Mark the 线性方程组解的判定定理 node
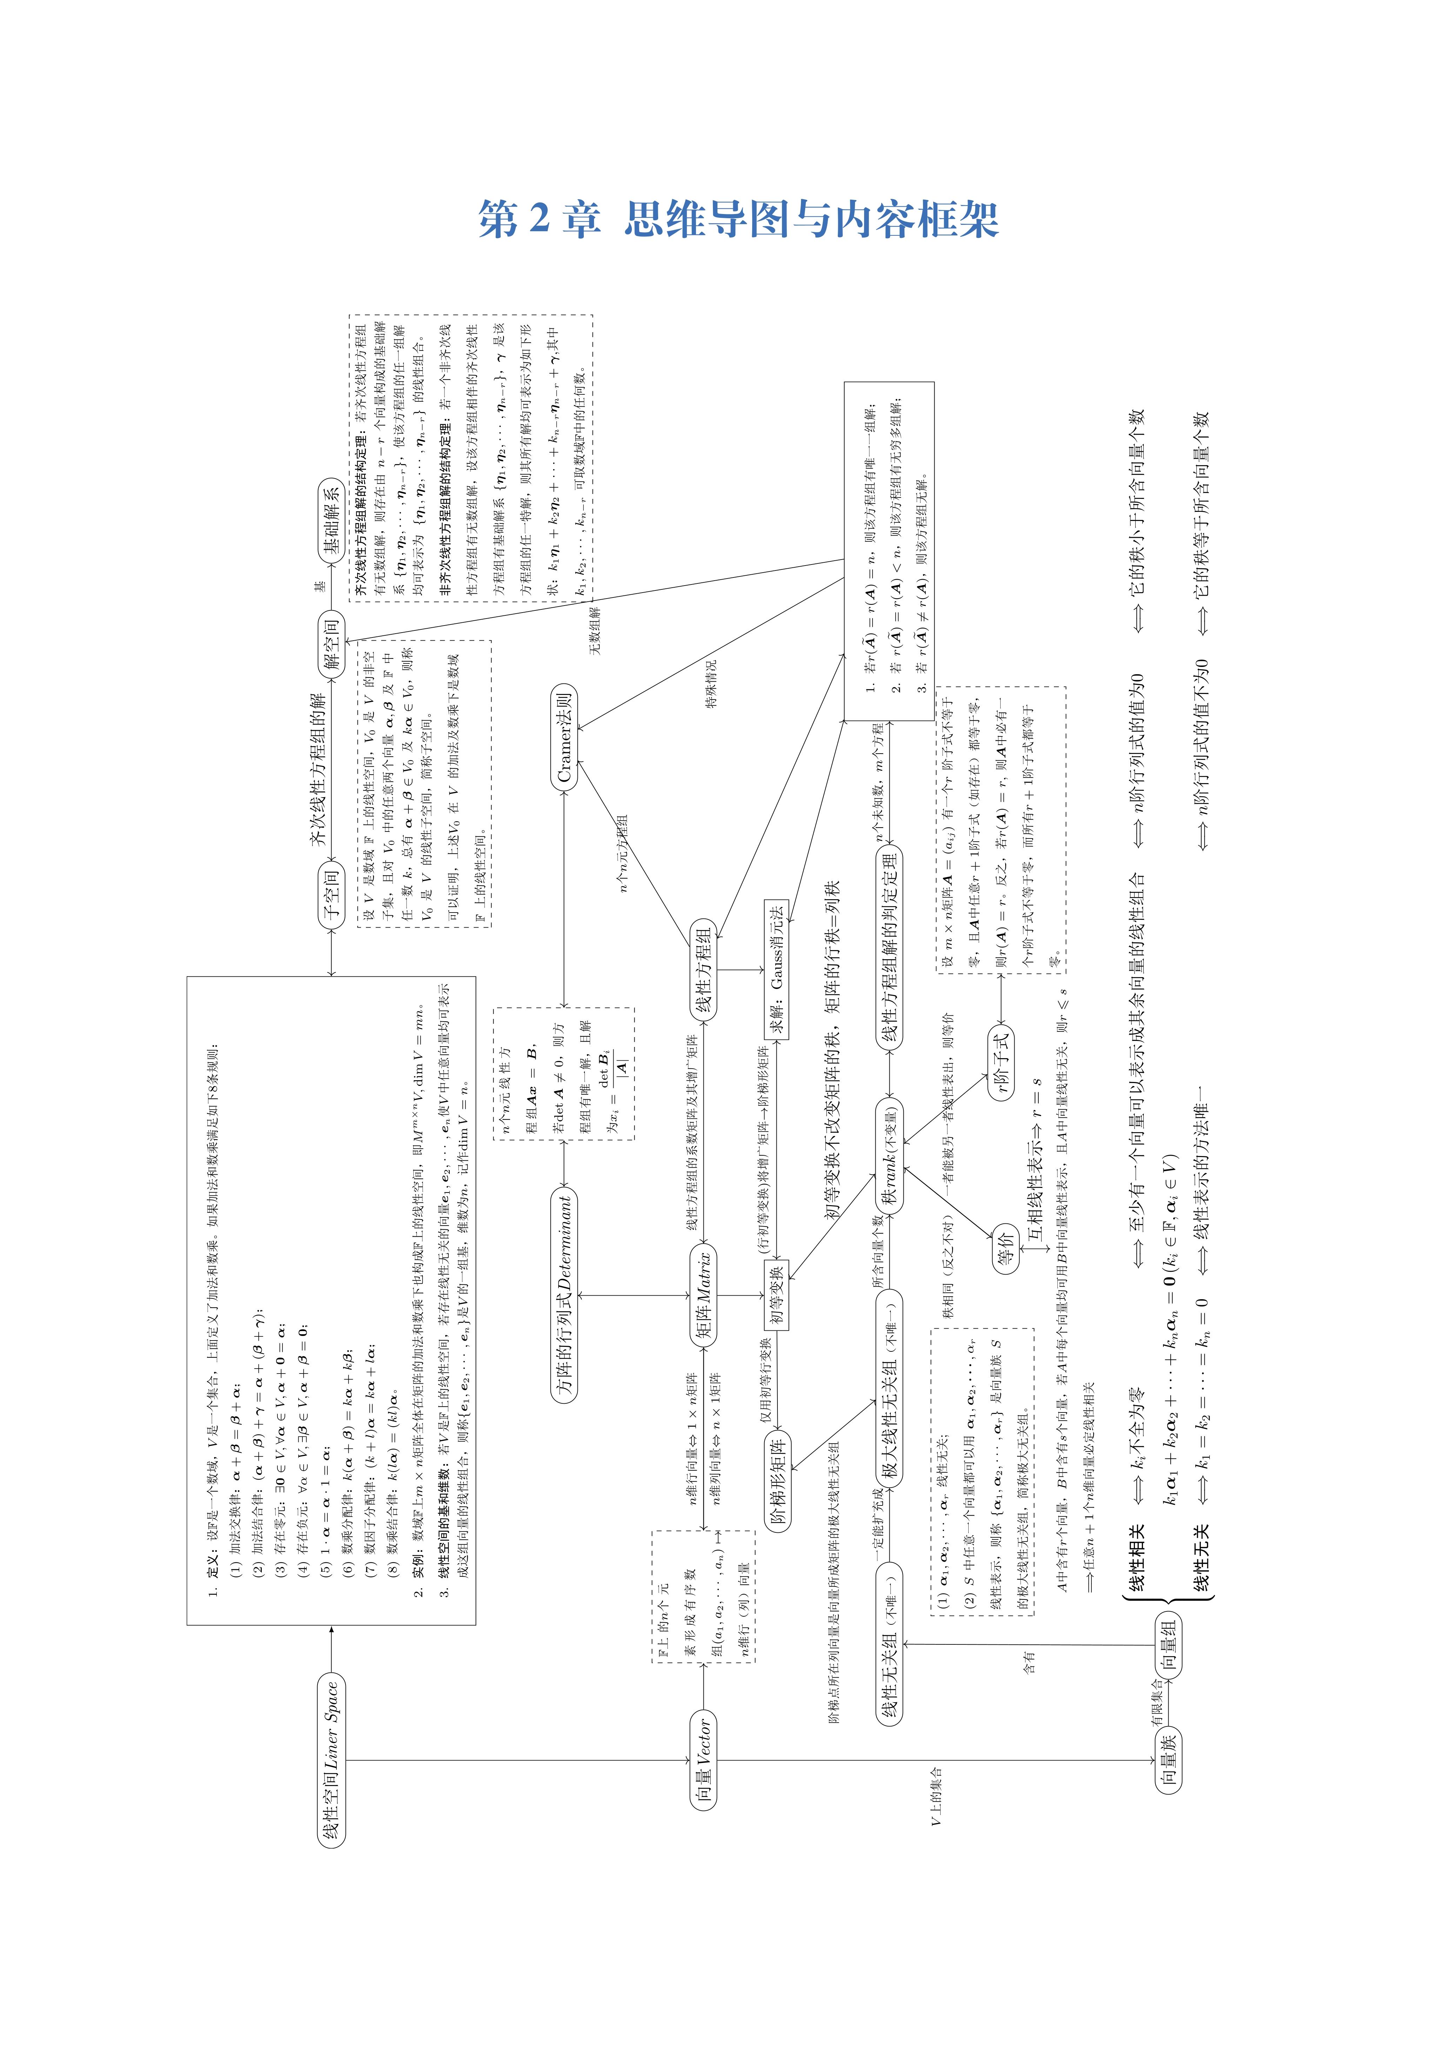(890, 947)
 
